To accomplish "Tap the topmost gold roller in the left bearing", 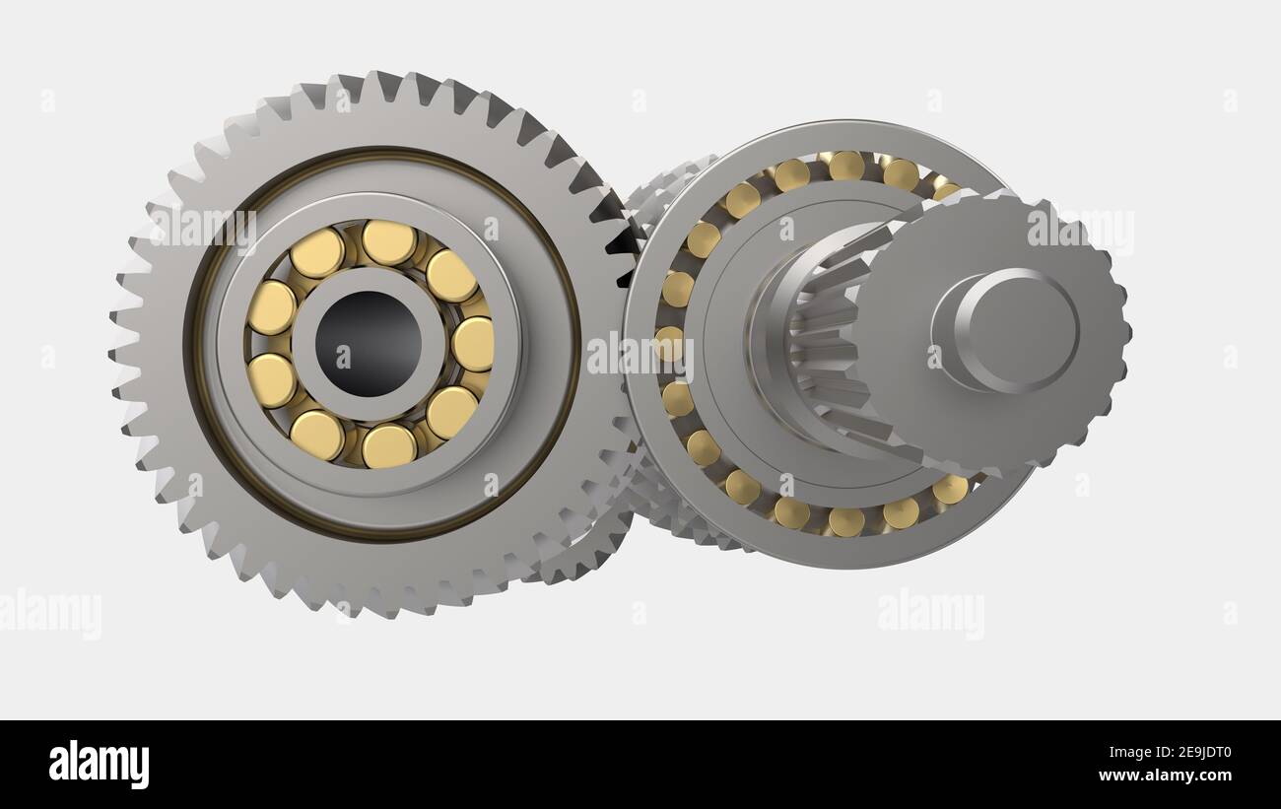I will pos(388,242).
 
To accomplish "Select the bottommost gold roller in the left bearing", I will pos(388,446).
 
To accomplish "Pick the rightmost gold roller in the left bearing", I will pos(473,344).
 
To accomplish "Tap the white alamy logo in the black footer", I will pos(99,765).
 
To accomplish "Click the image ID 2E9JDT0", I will pos(1179,753).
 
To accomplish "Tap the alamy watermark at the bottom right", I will pos(930,613).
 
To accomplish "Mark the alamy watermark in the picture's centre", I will pos(640,356).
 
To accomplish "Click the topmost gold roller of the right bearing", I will pos(845,166).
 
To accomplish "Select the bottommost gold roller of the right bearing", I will pos(845,521).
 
